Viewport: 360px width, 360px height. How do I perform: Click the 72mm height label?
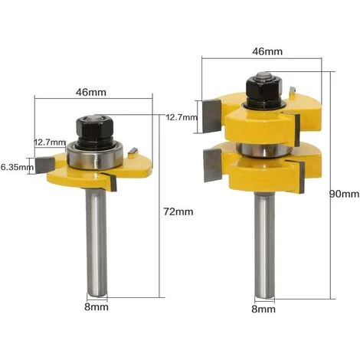coord(178,211)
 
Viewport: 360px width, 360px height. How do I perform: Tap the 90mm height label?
coord(344,195)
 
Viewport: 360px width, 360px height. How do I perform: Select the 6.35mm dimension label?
coord(17,168)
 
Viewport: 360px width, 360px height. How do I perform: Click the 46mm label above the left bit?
coord(91,92)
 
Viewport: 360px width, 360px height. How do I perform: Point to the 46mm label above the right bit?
coord(267,51)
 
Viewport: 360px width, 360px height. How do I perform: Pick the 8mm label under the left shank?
coord(97,307)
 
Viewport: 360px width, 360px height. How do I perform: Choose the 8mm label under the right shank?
coord(263,309)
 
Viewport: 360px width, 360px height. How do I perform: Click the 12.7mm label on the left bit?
coord(50,142)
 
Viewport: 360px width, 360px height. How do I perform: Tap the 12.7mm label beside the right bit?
coord(182,118)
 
